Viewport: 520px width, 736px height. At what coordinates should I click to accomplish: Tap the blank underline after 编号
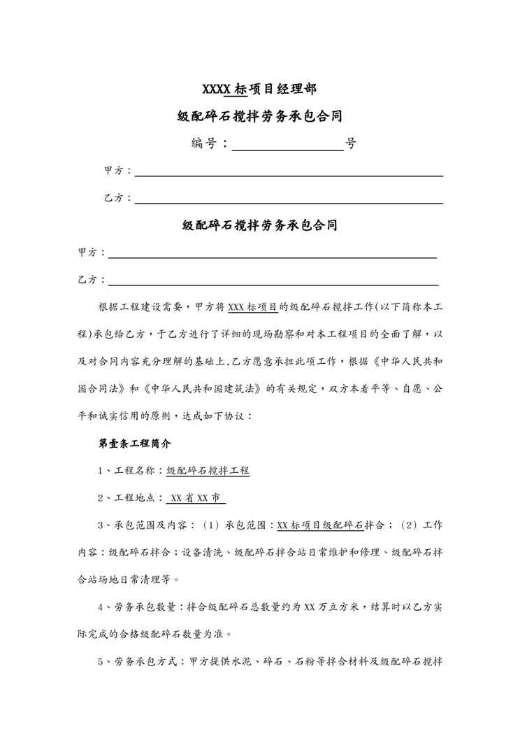click(x=287, y=148)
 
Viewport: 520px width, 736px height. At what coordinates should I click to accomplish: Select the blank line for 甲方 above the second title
click(x=288, y=175)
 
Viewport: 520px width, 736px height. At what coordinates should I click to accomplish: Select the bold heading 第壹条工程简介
click(x=130, y=444)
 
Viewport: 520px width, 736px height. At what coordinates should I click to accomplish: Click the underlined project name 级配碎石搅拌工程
click(x=208, y=471)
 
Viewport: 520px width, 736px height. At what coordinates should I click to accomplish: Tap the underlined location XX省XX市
click(x=197, y=498)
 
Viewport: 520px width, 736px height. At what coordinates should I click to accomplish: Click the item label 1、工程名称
click(x=127, y=471)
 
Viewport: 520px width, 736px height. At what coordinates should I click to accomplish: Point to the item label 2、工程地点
click(x=127, y=498)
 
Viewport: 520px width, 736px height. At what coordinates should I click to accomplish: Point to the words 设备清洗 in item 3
click(x=201, y=552)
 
